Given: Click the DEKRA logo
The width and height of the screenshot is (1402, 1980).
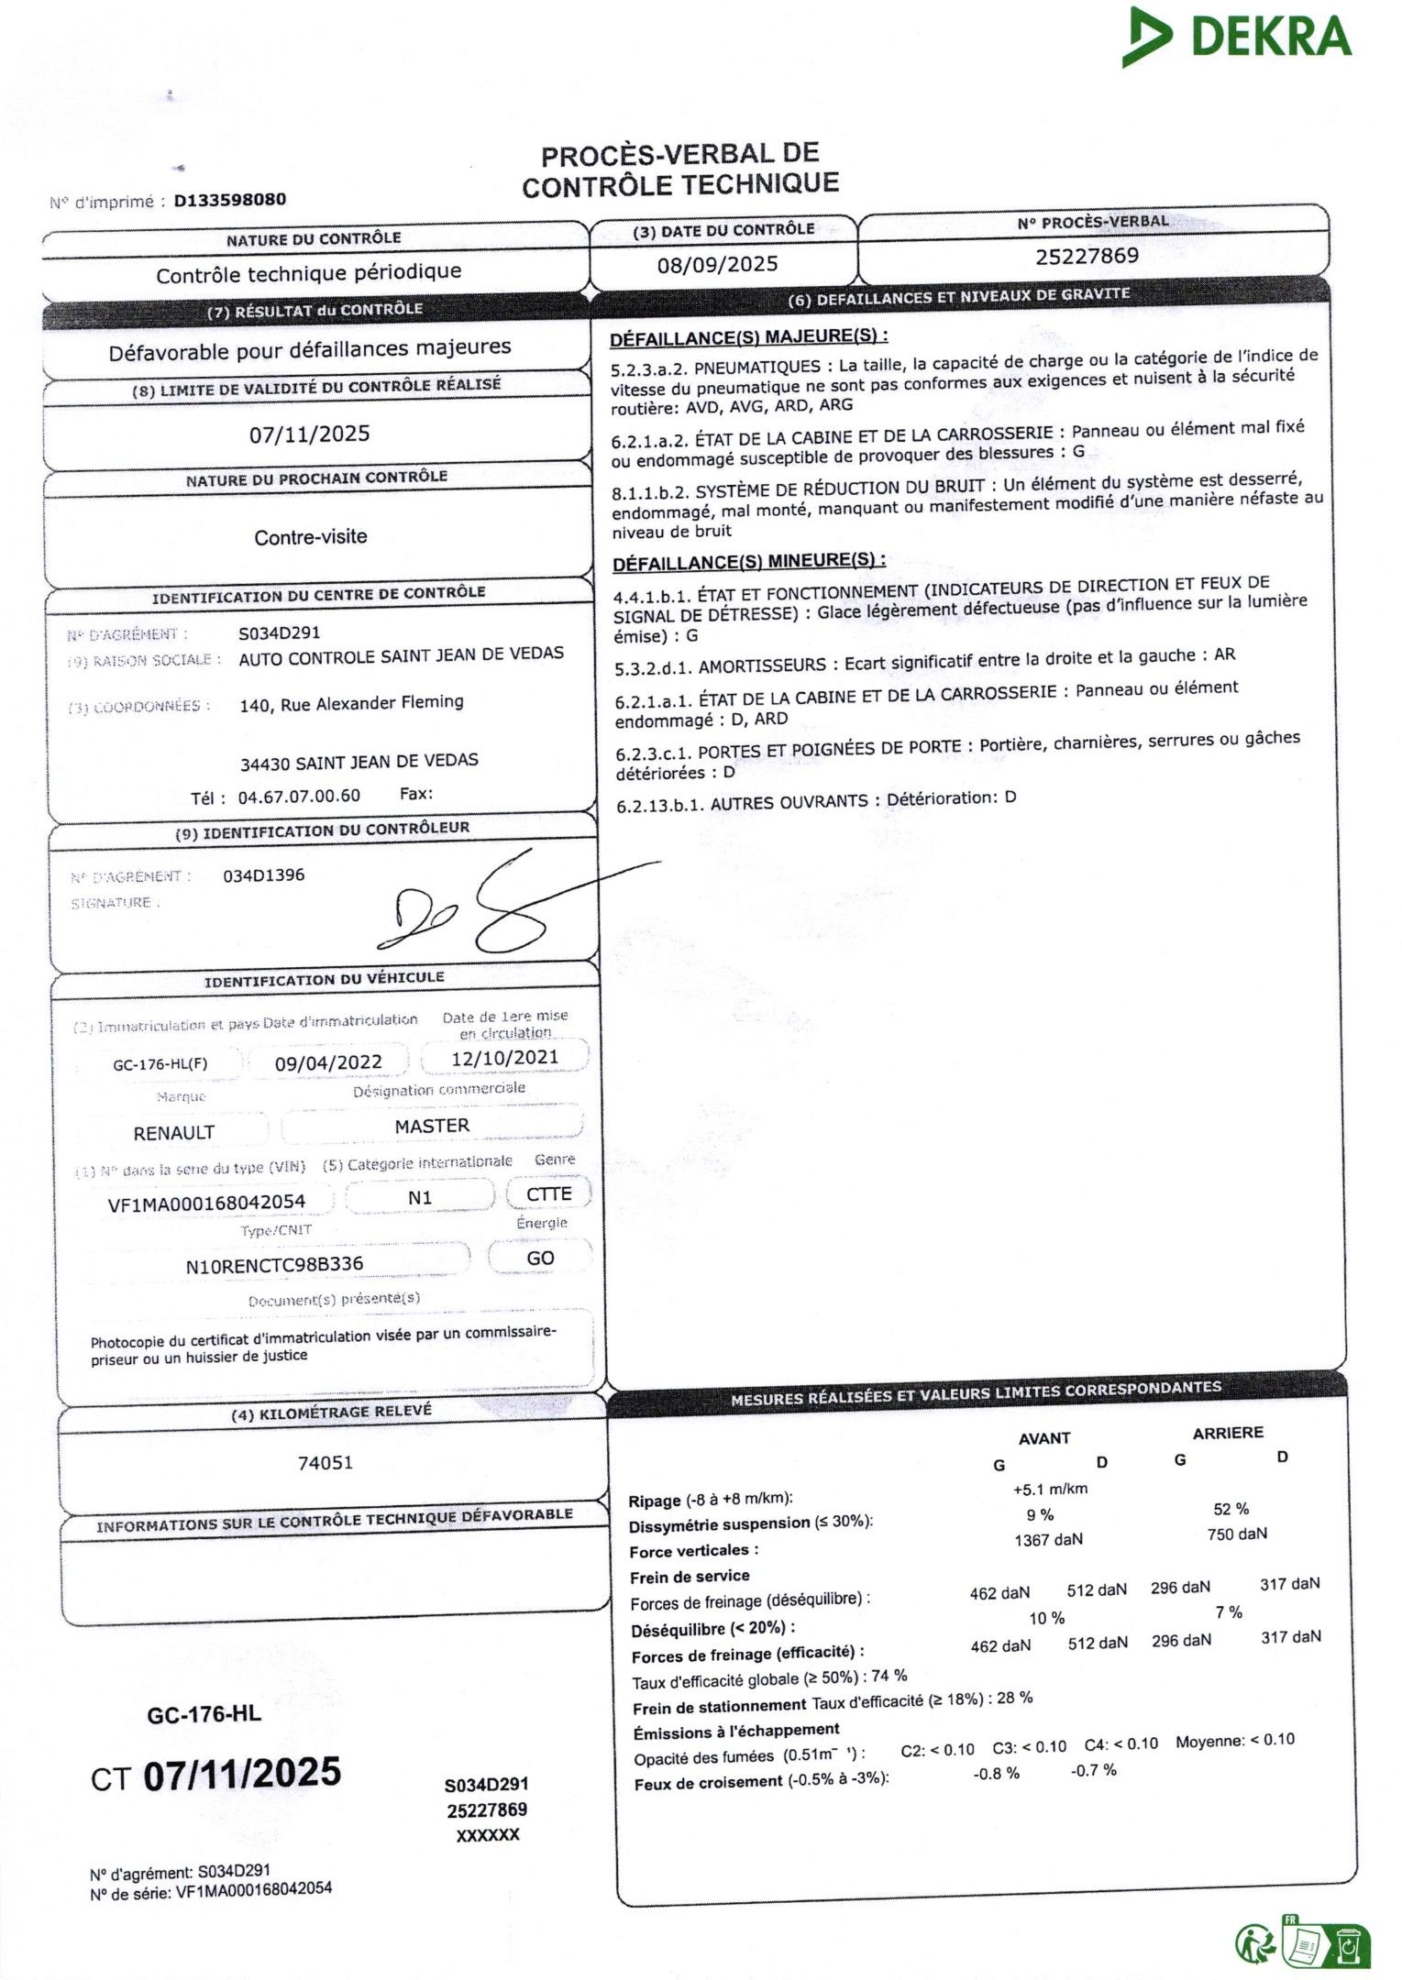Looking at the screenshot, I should click(x=1237, y=37).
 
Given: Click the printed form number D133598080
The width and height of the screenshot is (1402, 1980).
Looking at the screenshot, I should click(x=229, y=200).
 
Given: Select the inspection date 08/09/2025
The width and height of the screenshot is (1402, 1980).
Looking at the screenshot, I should click(x=717, y=265).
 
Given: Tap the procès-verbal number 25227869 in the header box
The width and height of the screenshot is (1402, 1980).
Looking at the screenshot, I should click(x=1087, y=256).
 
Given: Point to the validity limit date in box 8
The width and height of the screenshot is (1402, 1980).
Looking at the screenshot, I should click(x=310, y=434).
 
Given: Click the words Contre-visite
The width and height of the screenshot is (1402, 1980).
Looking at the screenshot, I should click(x=311, y=537).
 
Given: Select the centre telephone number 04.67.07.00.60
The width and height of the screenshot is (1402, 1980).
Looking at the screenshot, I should click(x=299, y=796).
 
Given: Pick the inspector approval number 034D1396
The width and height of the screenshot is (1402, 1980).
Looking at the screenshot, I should click(x=264, y=875).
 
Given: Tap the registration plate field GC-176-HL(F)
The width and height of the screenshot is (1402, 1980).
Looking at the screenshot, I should click(x=160, y=1064).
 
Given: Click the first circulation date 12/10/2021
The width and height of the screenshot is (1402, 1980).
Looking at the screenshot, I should click(x=504, y=1058).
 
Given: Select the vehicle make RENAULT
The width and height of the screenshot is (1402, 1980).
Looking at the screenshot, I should click(x=174, y=1133).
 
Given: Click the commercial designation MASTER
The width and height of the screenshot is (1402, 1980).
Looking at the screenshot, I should click(x=432, y=1126).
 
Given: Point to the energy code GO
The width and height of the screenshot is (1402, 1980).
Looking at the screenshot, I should click(x=540, y=1259).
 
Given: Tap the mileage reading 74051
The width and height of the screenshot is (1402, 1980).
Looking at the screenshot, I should click(x=326, y=1463).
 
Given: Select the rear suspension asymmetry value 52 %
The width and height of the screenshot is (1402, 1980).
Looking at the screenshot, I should click(x=1231, y=1509).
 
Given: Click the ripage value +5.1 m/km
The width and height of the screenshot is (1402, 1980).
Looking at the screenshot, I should click(x=1050, y=1489).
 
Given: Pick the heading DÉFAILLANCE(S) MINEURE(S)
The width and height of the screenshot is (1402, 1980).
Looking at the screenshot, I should click(x=748, y=561).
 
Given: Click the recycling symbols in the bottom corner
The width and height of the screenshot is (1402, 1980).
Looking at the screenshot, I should click(x=1302, y=1942).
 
